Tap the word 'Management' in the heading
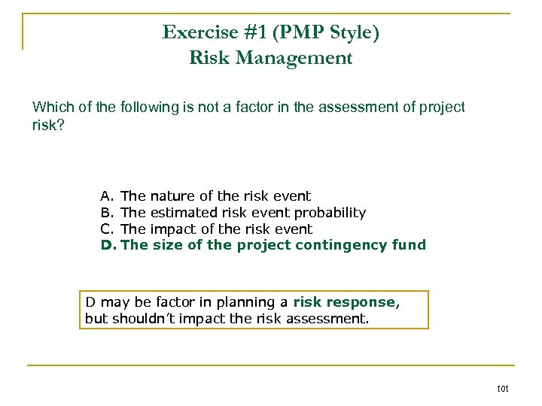(x=299, y=58)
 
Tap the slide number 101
(x=504, y=389)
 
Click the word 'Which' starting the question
(x=51, y=108)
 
